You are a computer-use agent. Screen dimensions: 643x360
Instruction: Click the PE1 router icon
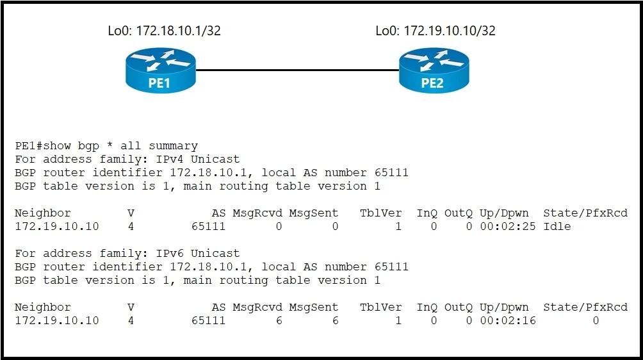click(x=160, y=70)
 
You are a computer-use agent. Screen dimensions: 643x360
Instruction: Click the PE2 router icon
click(x=434, y=70)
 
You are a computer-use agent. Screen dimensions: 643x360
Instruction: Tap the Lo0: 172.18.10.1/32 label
click(x=164, y=31)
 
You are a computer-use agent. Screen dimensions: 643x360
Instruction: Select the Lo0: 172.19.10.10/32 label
click(x=435, y=31)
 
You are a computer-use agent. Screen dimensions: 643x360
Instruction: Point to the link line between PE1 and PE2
click(x=297, y=70)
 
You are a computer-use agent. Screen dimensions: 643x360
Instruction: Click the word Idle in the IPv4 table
click(x=557, y=226)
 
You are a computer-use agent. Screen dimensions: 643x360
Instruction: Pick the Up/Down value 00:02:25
click(x=508, y=226)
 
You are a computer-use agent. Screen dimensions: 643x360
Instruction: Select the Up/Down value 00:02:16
click(x=508, y=321)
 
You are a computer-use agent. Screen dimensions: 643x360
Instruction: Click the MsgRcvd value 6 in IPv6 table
click(x=279, y=321)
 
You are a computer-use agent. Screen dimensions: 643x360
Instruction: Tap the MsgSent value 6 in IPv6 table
click(x=336, y=321)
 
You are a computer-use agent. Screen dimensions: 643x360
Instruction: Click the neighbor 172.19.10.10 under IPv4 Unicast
click(x=57, y=226)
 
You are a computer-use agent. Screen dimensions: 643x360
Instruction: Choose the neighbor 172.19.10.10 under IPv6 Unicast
click(x=57, y=321)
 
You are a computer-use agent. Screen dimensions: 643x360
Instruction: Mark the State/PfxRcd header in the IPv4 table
click(x=585, y=213)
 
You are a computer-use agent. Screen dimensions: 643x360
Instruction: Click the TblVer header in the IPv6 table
click(x=381, y=307)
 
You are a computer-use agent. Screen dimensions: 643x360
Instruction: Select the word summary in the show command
click(x=173, y=147)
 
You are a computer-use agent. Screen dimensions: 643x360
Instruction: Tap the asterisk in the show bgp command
click(x=110, y=145)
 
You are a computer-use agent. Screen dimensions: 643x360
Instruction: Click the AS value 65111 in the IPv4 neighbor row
click(x=208, y=226)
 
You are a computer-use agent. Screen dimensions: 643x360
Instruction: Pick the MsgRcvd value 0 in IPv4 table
click(x=279, y=226)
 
